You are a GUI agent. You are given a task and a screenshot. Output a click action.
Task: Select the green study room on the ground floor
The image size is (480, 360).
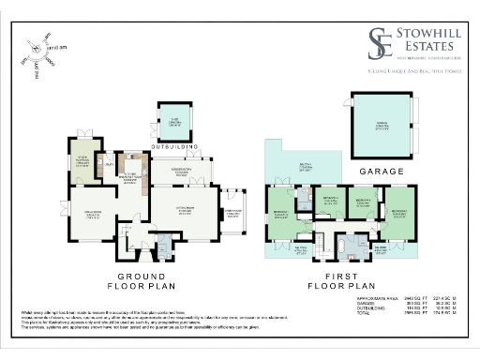click(82, 164)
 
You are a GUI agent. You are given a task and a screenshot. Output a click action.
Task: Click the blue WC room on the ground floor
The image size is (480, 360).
click(164, 247)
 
